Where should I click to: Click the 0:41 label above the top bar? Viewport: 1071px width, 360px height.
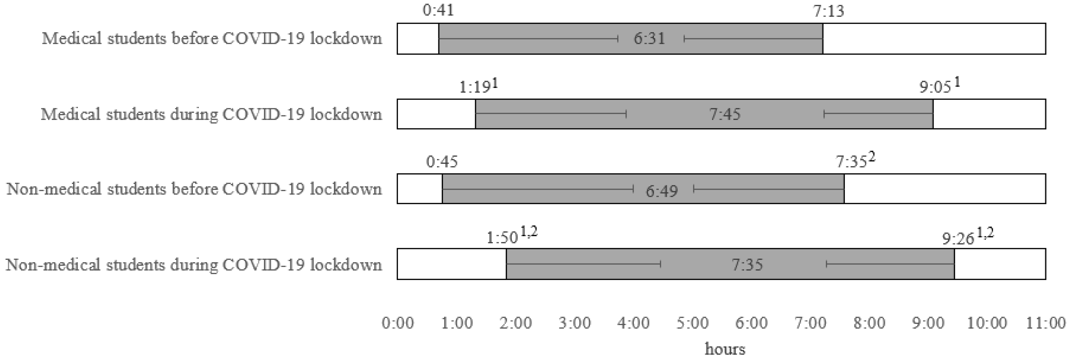pyautogui.click(x=438, y=10)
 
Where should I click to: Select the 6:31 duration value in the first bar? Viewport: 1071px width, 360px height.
pyautogui.click(x=649, y=39)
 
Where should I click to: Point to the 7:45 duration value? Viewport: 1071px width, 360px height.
pyautogui.click(x=725, y=114)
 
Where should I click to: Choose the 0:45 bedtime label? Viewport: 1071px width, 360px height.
pyautogui.click(x=442, y=161)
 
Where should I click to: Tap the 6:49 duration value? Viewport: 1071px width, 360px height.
pyautogui.click(x=661, y=191)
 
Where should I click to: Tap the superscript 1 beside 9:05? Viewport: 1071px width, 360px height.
pyautogui.click(x=957, y=83)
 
